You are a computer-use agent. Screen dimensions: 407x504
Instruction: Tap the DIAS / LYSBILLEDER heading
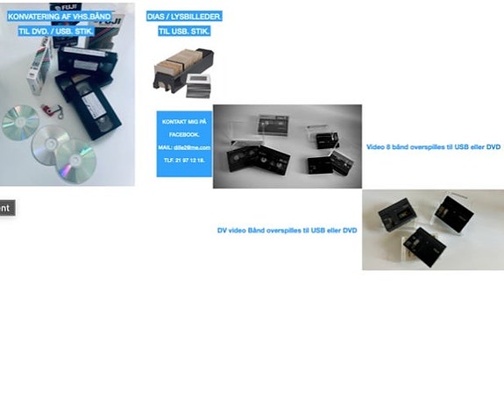(x=184, y=17)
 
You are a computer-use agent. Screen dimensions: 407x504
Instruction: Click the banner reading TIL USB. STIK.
(x=184, y=31)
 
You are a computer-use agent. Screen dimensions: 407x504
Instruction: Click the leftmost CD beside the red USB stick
(x=19, y=122)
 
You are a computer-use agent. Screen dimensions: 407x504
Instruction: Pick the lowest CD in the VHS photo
(x=75, y=161)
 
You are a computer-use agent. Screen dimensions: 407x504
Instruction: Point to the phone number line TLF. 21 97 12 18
(x=184, y=161)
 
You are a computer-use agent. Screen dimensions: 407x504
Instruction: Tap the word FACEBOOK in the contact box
(x=184, y=134)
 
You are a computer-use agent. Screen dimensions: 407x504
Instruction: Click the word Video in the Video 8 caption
(x=375, y=146)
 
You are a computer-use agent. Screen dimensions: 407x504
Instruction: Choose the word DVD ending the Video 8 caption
(x=493, y=146)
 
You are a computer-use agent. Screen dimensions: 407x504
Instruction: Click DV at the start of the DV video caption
(x=222, y=230)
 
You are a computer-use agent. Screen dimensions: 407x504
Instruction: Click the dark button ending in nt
(x=6, y=208)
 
